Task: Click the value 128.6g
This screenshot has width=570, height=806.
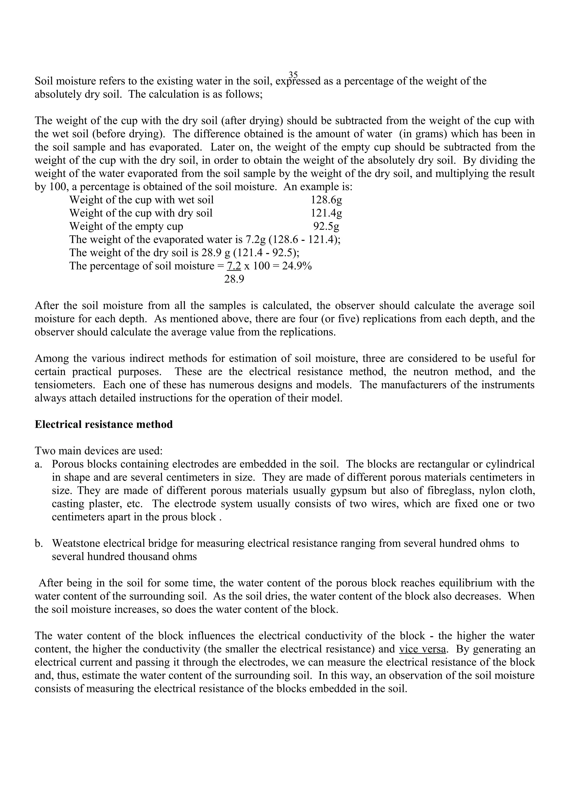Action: (x=326, y=200)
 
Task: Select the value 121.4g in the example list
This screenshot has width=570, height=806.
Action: (x=326, y=213)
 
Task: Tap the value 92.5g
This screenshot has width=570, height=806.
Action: (x=326, y=226)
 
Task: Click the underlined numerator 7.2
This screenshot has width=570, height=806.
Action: (x=234, y=266)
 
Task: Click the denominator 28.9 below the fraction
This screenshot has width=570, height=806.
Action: (x=234, y=280)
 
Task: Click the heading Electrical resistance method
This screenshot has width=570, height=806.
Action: (x=104, y=424)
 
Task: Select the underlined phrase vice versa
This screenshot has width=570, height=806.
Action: (x=422, y=649)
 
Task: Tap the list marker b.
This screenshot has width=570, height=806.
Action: (x=38, y=543)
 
